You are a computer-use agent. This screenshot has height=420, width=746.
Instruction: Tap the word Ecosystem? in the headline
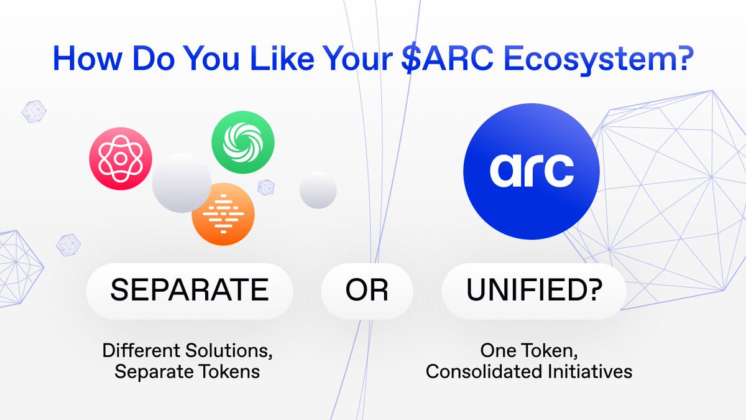[599, 59]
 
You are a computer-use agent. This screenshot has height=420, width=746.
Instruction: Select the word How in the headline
[88, 58]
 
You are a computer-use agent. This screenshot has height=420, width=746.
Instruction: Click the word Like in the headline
[282, 58]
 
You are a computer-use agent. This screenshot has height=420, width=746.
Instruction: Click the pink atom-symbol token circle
[121, 159]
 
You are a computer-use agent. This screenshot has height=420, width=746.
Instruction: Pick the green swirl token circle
[243, 142]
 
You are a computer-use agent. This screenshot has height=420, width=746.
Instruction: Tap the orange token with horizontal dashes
[223, 214]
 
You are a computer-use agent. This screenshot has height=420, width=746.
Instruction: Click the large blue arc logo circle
[532, 171]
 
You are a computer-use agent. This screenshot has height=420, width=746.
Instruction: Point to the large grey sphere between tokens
[182, 183]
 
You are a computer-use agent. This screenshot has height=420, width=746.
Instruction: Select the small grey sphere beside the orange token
[318, 190]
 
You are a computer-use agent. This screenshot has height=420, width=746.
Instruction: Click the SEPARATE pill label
[190, 291]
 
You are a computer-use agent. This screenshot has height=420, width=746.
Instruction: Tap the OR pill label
[367, 291]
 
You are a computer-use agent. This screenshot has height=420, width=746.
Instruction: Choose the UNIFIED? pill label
[534, 291]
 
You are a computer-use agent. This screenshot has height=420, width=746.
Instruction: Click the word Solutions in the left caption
[229, 351]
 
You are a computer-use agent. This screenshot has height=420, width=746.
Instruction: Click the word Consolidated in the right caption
[484, 371]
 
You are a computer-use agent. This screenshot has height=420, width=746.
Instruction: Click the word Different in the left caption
[142, 350]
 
